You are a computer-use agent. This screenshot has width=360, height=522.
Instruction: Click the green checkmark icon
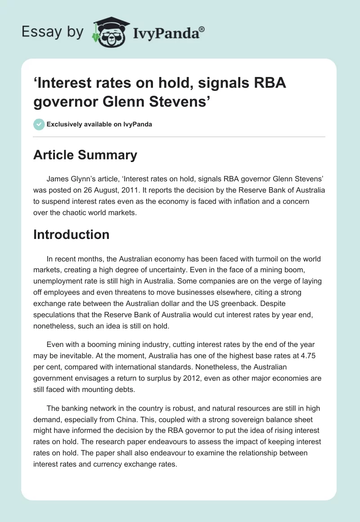39,124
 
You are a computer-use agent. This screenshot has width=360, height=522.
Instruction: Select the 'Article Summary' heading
85,155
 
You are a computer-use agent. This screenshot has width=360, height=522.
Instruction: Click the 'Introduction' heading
71,234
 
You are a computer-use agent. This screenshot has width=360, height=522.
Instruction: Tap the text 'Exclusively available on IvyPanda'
99,124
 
